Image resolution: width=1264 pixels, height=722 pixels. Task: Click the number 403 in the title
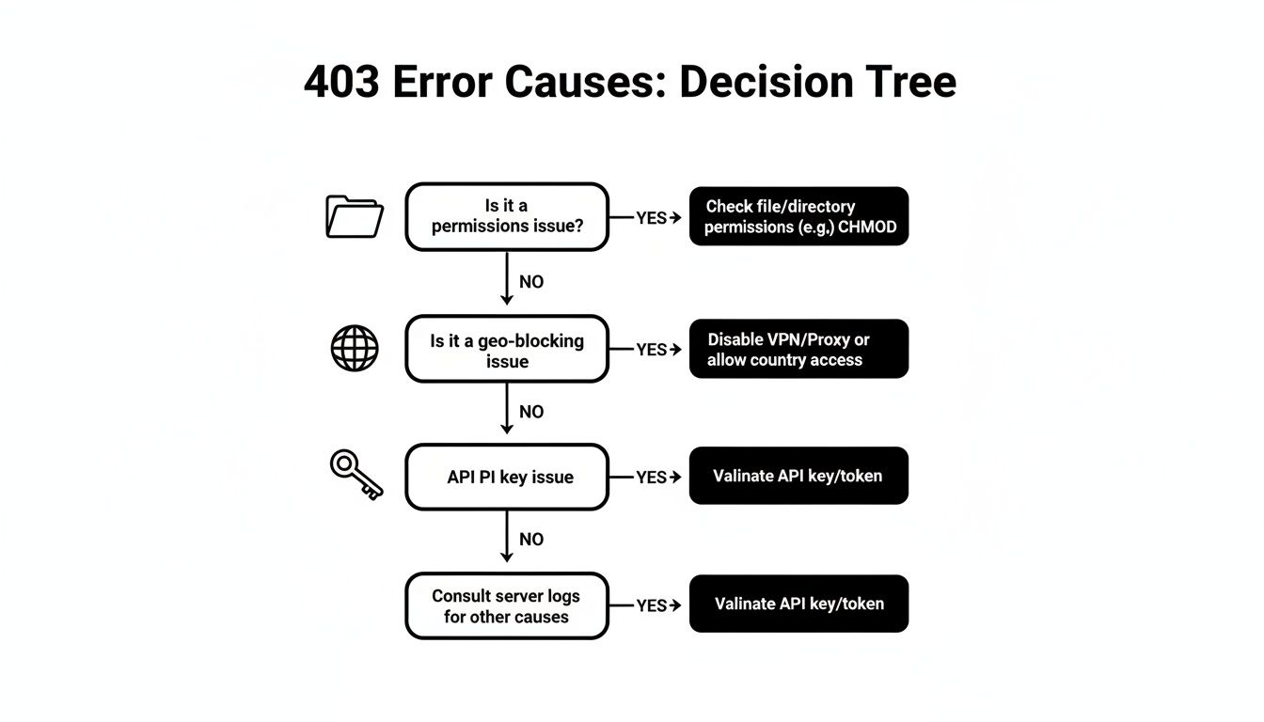342,83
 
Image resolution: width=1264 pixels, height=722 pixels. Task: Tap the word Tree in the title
909,83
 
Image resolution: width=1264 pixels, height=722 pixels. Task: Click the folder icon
354,216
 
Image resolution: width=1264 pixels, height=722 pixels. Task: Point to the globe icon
355,349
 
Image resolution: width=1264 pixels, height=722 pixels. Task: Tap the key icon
356,474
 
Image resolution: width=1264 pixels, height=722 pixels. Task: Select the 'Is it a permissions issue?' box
507,217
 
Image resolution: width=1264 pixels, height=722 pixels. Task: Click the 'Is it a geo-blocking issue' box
507,350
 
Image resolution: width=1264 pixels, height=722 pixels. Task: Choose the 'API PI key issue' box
507,478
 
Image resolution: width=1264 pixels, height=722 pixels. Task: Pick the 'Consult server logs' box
507,606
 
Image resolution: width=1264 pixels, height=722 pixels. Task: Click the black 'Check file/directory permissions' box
798,216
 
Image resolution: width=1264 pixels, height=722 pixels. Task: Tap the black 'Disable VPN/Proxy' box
798,350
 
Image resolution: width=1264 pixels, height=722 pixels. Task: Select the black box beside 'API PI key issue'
798,477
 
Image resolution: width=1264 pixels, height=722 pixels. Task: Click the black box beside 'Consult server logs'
798,604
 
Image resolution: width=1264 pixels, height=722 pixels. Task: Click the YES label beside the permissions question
651,218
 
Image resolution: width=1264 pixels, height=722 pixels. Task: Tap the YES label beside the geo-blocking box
651,350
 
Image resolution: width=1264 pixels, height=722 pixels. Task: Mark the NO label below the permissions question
531,282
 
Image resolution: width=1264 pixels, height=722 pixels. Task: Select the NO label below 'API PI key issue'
531,540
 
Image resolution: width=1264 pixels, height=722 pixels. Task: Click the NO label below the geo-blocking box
531,412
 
